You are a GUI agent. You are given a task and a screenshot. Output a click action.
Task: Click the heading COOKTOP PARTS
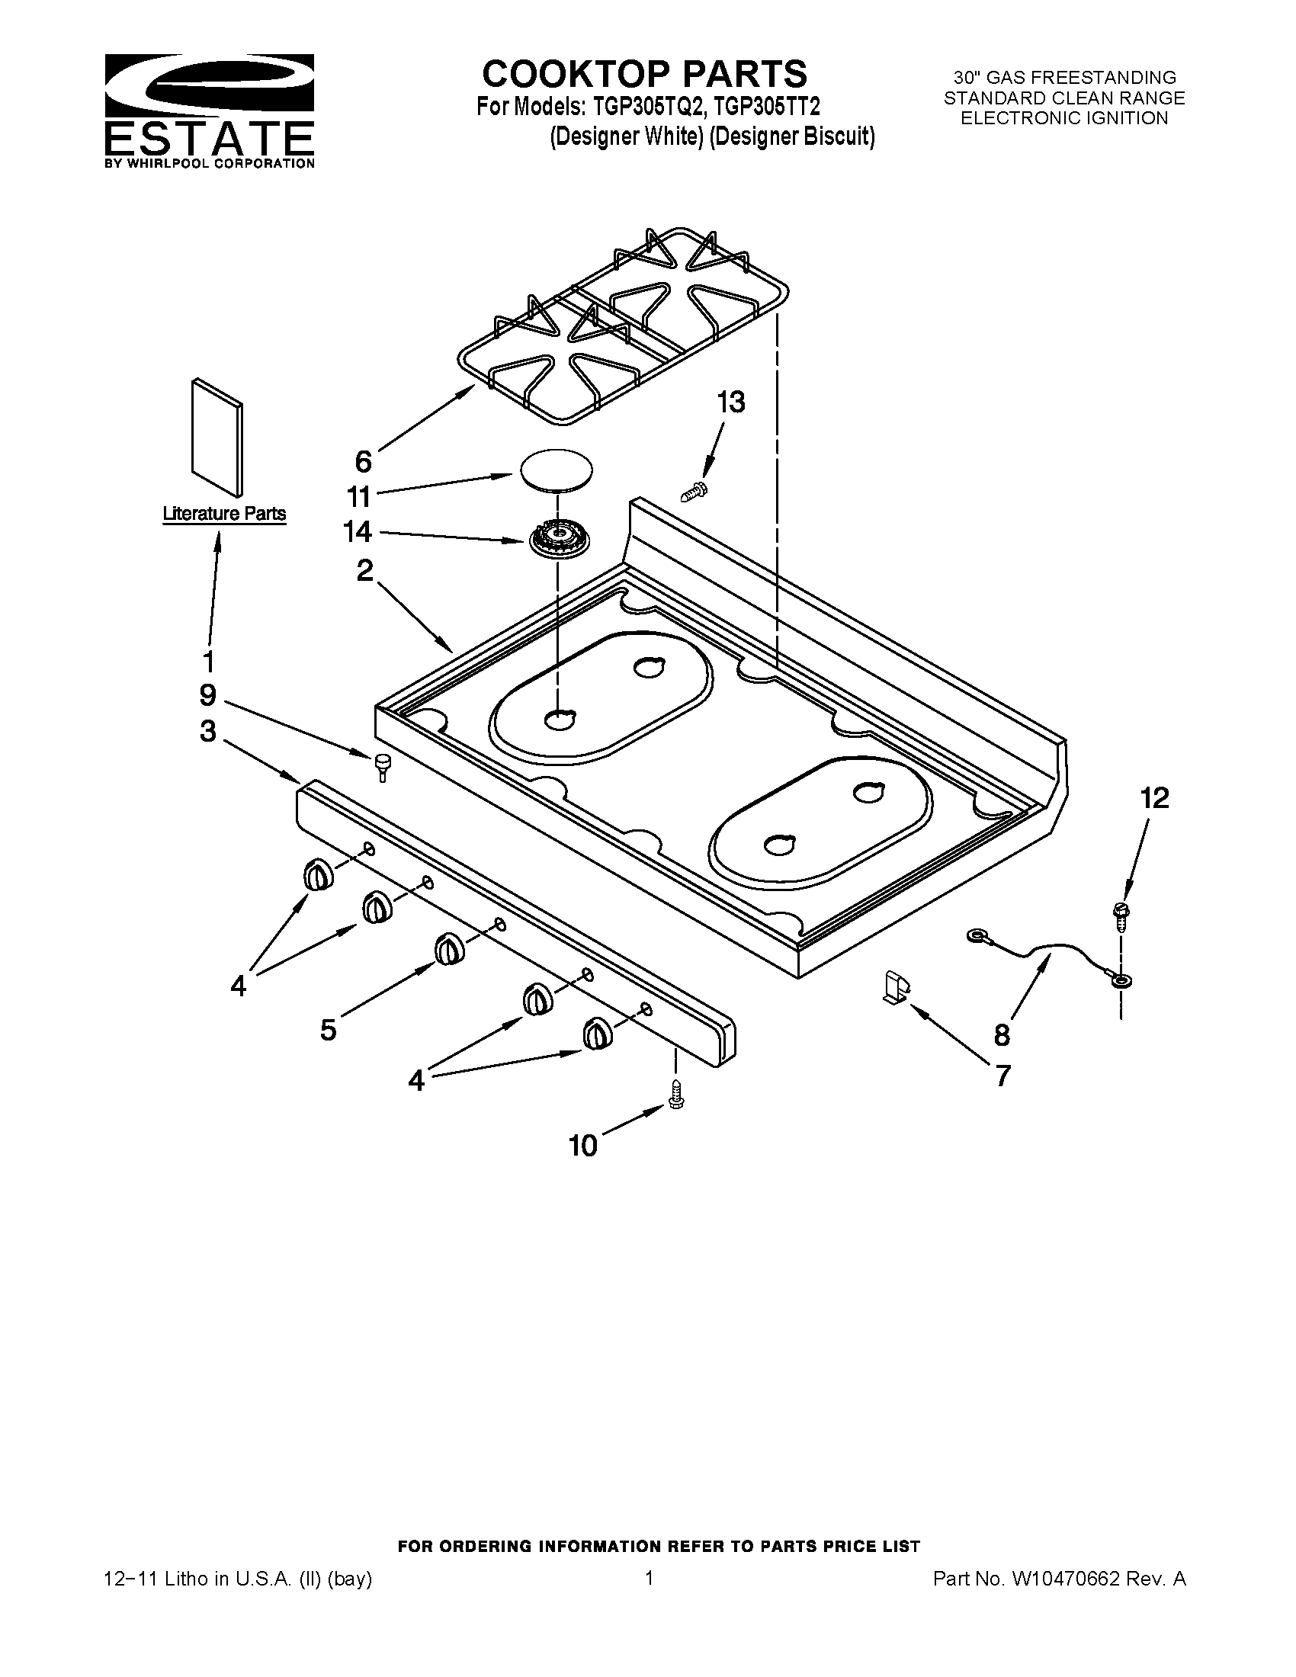[644, 75]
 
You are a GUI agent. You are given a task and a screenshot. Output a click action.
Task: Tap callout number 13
[730, 402]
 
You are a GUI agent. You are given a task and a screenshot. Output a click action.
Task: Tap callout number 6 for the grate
[363, 461]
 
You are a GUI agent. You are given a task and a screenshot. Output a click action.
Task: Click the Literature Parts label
[224, 514]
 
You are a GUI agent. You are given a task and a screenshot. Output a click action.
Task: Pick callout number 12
[1154, 799]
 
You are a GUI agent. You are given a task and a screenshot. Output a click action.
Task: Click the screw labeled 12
[1120, 916]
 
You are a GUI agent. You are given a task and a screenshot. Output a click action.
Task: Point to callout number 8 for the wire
[1002, 1036]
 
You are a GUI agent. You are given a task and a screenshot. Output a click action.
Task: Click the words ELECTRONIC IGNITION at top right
[1064, 118]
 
